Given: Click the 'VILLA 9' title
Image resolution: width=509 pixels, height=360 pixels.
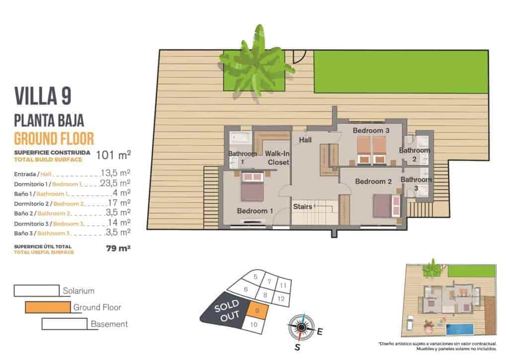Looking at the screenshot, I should pyautogui.click(x=42, y=96).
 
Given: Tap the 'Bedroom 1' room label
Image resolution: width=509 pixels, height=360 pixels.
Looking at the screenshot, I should pyautogui.click(x=255, y=211).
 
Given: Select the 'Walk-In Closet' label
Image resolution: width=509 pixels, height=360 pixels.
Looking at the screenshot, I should pyautogui.click(x=278, y=158).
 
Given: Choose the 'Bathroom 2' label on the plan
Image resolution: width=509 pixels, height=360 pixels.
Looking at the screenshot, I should pyautogui.click(x=415, y=154).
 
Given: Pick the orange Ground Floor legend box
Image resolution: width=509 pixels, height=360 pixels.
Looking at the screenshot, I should pyautogui.click(x=48, y=307).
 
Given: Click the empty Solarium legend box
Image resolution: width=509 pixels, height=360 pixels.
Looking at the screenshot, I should pyautogui.click(x=37, y=290).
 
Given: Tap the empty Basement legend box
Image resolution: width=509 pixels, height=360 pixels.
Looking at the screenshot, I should pyautogui.click(x=65, y=324).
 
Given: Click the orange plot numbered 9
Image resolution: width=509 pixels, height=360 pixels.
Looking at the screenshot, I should pyautogui.click(x=257, y=311).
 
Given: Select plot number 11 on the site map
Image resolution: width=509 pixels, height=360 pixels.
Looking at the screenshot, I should pyautogui.click(x=282, y=285).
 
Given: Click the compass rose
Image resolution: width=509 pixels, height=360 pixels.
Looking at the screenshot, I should pyautogui.click(x=301, y=327).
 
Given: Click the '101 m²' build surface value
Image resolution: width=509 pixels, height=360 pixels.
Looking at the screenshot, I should pyautogui.click(x=113, y=155).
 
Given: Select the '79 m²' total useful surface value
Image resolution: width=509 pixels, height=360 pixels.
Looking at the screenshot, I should pyautogui.click(x=118, y=249).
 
